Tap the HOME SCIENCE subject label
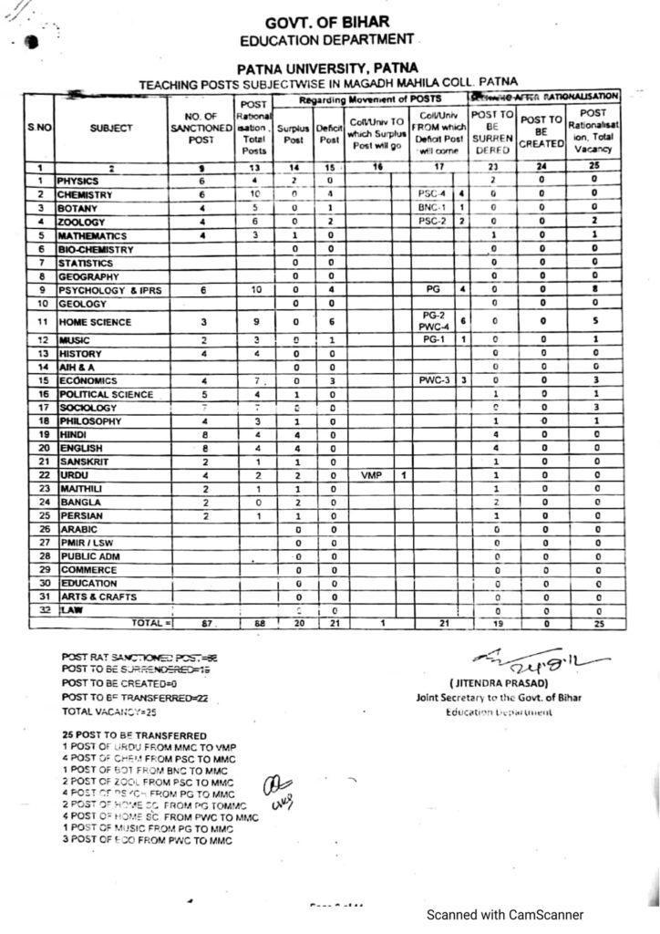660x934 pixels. [x=95, y=322]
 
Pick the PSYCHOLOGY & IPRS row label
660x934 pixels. [x=109, y=290]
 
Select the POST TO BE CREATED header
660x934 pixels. [x=542, y=131]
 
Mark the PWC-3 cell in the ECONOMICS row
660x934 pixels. [x=430, y=379]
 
